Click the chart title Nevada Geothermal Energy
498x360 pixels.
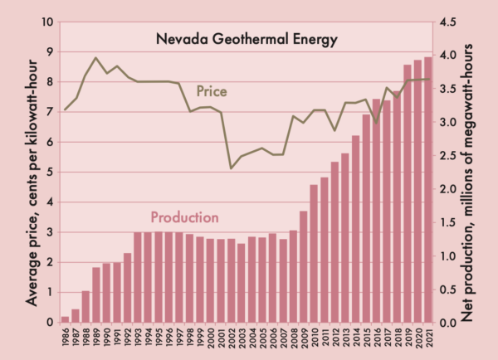point(247,39)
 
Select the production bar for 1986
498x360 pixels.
point(66,319)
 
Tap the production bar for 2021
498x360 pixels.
point(427,190)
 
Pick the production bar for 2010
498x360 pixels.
point(314,254)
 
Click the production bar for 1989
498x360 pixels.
point(96,294)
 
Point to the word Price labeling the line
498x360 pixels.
point(212,90)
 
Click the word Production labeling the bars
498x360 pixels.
point(184,217)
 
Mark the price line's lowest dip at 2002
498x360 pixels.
point(231,168)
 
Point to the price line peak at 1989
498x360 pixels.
point(96,58)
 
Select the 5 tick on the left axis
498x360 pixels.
point(49,173)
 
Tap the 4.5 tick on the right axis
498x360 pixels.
point(449,22)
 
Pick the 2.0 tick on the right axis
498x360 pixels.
point(449,189)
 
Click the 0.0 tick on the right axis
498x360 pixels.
point(449,323)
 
